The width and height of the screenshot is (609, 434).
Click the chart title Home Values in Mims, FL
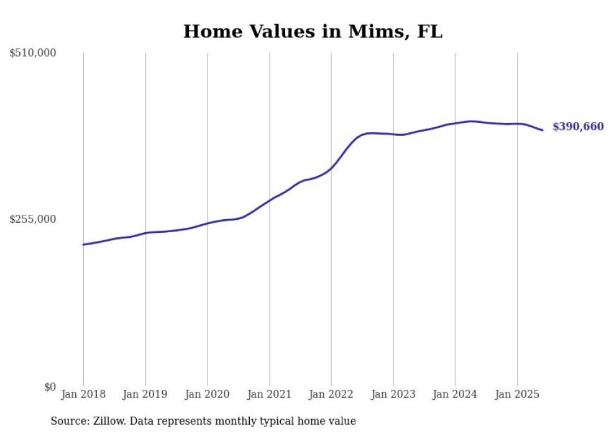(x=313, y=32)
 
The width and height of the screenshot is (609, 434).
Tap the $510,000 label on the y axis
(x=33, y=53)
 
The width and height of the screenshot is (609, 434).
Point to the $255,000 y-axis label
(x=33, y=219)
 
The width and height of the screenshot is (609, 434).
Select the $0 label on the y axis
(x=49, y=387)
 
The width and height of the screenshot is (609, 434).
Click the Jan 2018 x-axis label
(x=83, y=394)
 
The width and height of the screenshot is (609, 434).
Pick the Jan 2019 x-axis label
(x=145, y=394)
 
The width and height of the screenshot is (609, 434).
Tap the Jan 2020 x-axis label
(x=207, y=394)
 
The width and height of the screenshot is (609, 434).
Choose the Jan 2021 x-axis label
(x=269, y=394)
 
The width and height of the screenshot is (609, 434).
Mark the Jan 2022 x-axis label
(x=331, y=394)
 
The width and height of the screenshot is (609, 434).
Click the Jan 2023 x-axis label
(x=393, y=394)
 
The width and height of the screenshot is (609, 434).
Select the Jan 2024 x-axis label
(x=455, y=394)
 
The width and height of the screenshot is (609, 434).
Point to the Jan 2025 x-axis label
(x=517, y=394)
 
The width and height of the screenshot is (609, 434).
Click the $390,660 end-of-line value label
(x=578, y=127)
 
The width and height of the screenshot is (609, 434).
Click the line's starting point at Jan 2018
(x=83, y=245)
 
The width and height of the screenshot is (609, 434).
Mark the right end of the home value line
(x=543, y=130)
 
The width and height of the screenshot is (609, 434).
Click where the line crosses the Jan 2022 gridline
(x=331, y=168)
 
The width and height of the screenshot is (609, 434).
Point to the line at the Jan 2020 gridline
(x=207, y=223)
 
